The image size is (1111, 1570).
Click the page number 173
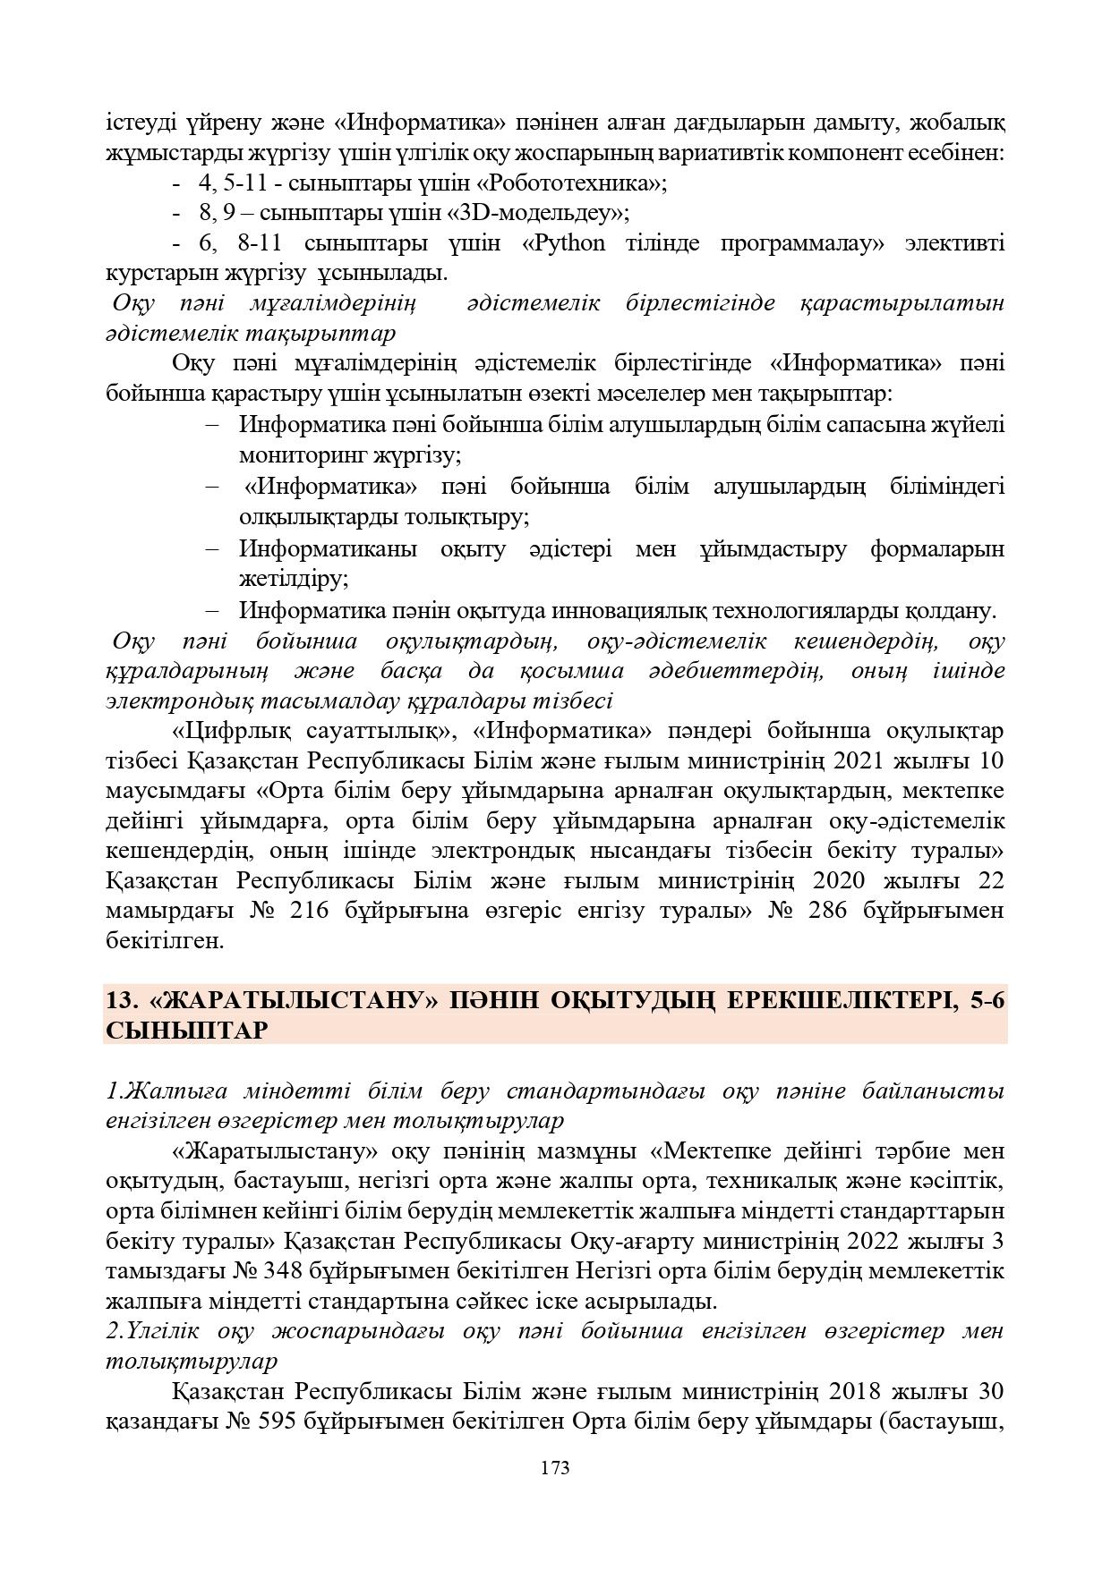pyautogui.click(x=555, y=1468)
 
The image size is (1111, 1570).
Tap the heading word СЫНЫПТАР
pyautogui.click(x=186, y=1031)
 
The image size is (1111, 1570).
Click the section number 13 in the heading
pyautogui.click(x=119, y=1001)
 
